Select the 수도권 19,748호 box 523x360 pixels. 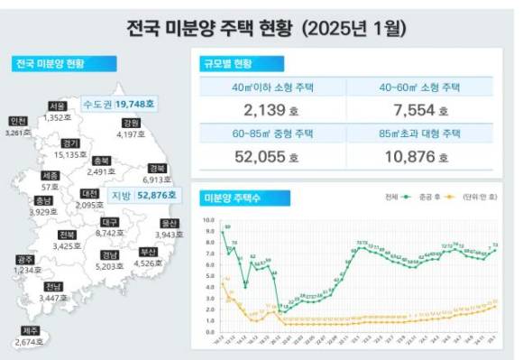tap(118, 103)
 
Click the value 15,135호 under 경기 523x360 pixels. tap(70, 154)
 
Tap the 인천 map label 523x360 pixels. tap(17, 121)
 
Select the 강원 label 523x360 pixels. tap(131, 123)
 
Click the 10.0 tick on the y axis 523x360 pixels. tap(209, 218)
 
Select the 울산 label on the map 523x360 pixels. tap(168, 221)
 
